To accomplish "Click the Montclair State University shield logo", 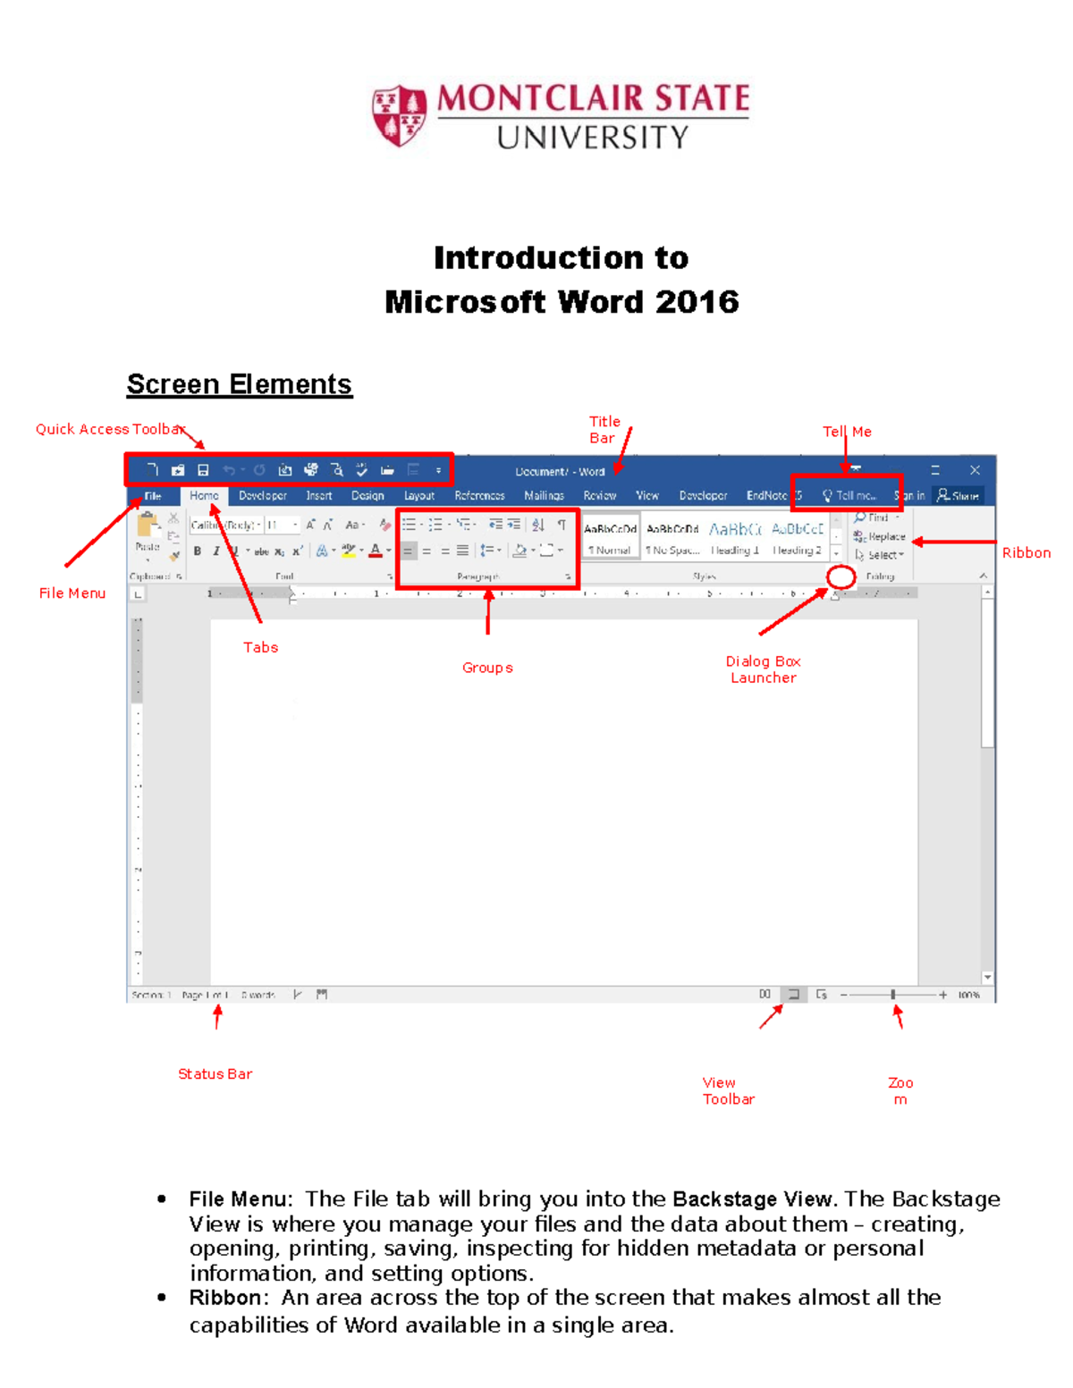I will tap(399, 115).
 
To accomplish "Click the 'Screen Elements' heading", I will tap(239, 384).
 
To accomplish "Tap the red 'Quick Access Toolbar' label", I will tap(109, 429).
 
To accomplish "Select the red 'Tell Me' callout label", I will tap(846, 432).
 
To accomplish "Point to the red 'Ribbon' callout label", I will tap(1026, 553).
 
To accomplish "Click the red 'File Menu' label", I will tap(72, 593).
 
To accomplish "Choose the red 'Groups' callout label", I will tap(487, 668).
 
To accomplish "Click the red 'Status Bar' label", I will tap(215, 1074).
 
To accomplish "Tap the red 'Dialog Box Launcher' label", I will tap(763, 669).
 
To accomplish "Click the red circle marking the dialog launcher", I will tap(841, 577).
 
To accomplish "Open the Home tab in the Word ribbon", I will tap(204, 495).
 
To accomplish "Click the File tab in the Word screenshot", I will tap(153, 496).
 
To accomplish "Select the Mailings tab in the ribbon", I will tap(544, 495).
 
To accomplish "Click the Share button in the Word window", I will tap(959, 495).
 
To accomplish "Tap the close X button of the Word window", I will tap(975, 470).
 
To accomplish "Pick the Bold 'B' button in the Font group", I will tap(198, 551).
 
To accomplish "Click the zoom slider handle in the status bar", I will tap(892, 994).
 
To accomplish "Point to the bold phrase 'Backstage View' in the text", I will tap(752, 1199).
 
